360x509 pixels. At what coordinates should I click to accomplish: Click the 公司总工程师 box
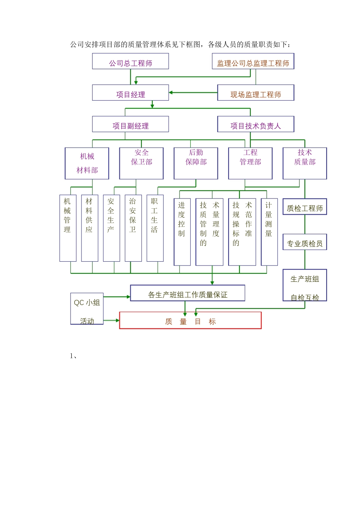coord(130,61)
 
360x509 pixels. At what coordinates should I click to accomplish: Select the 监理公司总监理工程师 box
coord(253,61)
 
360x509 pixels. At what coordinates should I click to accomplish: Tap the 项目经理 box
coord(130,93)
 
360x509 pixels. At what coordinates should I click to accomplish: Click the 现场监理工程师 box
coord(255,93)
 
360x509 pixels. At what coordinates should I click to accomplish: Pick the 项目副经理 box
coord(130,124)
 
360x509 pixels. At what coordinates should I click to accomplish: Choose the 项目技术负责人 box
coord(255,124)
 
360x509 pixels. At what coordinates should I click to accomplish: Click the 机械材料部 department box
coord(87,163)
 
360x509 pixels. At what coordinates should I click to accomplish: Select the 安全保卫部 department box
coord(141,163)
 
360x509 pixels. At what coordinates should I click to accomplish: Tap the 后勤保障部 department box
coord(196,163)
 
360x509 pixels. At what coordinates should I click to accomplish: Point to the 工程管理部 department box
coord(250,163)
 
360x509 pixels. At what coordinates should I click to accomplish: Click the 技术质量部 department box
coord(305,163)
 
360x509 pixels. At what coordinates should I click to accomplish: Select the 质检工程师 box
coord(305,207)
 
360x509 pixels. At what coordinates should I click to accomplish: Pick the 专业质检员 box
coord(305,242)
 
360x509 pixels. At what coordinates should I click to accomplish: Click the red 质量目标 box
coord(190,320)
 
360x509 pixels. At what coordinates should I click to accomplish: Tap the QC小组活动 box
coord(87,309)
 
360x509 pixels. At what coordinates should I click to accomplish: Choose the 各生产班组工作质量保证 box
coord(188,293)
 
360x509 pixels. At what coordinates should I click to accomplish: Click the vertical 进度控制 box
coord(182,232)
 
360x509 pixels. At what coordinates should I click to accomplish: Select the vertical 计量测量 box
coord(269,232)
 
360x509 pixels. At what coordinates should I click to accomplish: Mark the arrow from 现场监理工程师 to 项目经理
coord(193,92)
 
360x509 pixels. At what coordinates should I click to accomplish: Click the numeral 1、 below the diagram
coord(74,356)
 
